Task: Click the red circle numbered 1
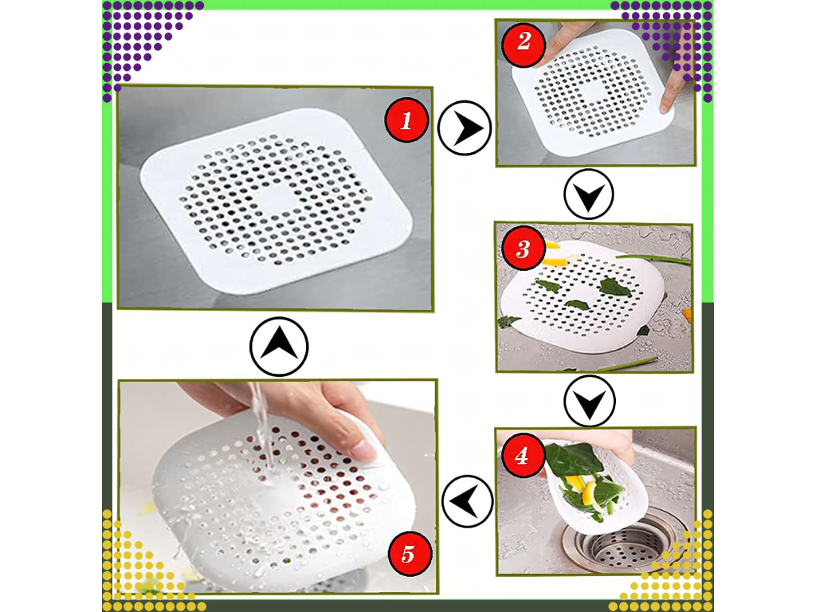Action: [x=406, y=120]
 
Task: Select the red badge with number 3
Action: [x=523, y=249]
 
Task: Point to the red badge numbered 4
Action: [x=523, y=455]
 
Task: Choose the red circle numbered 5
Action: [x=409, y=554]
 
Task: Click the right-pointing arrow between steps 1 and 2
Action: [x=465, y=128]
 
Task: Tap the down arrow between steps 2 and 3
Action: [x=589, y=194]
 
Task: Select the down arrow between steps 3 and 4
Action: [x=589, y=402]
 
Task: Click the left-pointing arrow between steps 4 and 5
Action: [x=467, y=501]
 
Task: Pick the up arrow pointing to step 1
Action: [x=279, y=347]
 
